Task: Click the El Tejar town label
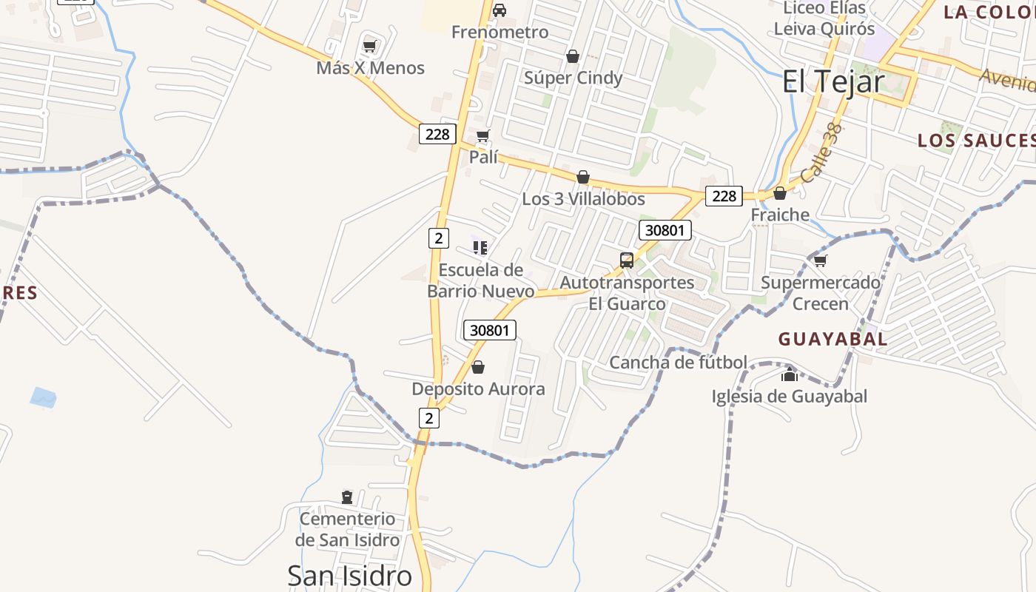click(833, 81)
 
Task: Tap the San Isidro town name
click(349, 576)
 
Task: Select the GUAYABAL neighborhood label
click(832, 339)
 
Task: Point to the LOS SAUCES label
click(975, 141)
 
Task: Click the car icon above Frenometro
click(499, 10)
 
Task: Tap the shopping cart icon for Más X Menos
click(369, 47)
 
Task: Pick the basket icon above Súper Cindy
click(572, 56)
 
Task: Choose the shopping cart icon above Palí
click(482, 135)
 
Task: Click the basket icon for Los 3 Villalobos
click(583, 177)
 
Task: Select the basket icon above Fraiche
click(780, 193)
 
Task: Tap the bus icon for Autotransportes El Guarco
click(627, 260)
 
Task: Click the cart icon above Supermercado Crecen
click(820, 260)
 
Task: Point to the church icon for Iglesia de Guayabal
click(789, 374)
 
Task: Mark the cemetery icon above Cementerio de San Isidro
click(347, 497)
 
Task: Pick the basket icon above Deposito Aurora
click(478, 367)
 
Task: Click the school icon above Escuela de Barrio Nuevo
click(480, 247)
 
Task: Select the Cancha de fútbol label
click(678, 363)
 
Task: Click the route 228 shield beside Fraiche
click(724, 195)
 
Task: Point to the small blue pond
click(43, 397)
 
